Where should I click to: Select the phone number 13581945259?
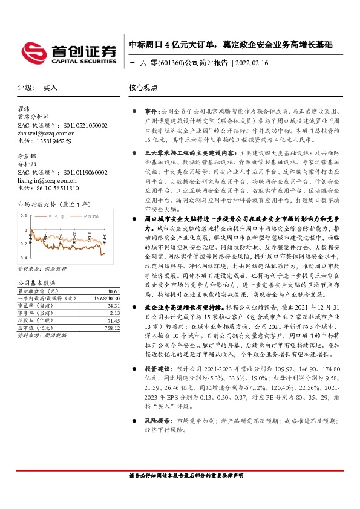click(x=51, y=141)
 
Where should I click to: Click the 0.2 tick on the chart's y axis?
click(x=24, y=215)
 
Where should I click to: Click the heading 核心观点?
click(x=143, y=88)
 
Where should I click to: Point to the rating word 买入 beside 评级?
click(x=50, y=88)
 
